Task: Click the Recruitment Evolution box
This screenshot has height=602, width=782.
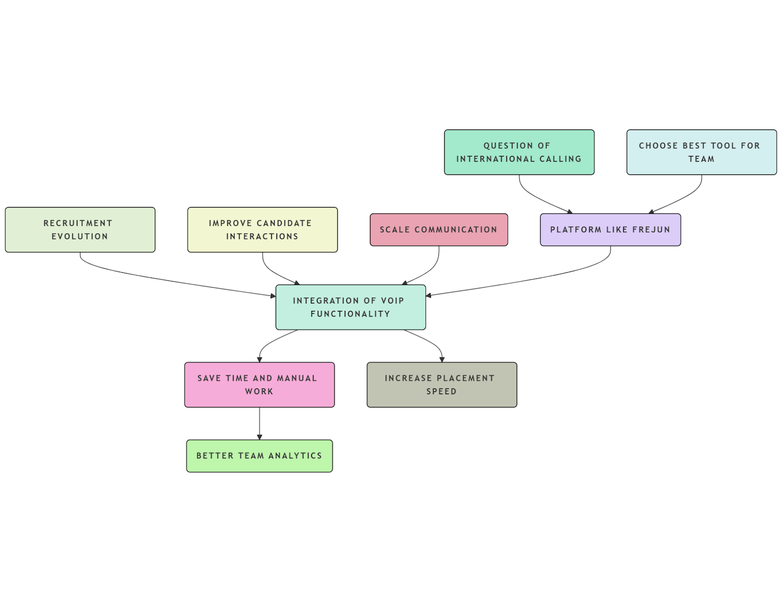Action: tap(80, 230)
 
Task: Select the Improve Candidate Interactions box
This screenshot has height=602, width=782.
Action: tap(262, 230)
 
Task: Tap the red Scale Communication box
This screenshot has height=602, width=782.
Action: tap(438, 230)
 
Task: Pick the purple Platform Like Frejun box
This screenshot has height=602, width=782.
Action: tap(610, 230)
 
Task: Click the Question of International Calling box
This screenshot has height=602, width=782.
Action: tap(519, 152)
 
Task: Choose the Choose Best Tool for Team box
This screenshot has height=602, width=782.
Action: tap(701, 152)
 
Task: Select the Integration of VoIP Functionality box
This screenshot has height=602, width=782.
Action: tap(350, 307)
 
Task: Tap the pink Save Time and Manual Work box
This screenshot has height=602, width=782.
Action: tap(259, 385)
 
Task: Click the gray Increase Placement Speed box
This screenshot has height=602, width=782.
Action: tap(441, 385)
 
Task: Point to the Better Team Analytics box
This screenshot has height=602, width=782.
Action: tap(259, 456)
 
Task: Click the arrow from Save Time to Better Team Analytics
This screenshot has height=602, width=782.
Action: tap(260, 423)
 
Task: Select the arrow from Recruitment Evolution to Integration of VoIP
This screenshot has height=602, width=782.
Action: tap(161, 279)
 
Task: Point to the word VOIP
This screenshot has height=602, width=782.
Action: tap(392, 301)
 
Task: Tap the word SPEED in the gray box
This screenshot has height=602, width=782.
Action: tap(441, 391)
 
